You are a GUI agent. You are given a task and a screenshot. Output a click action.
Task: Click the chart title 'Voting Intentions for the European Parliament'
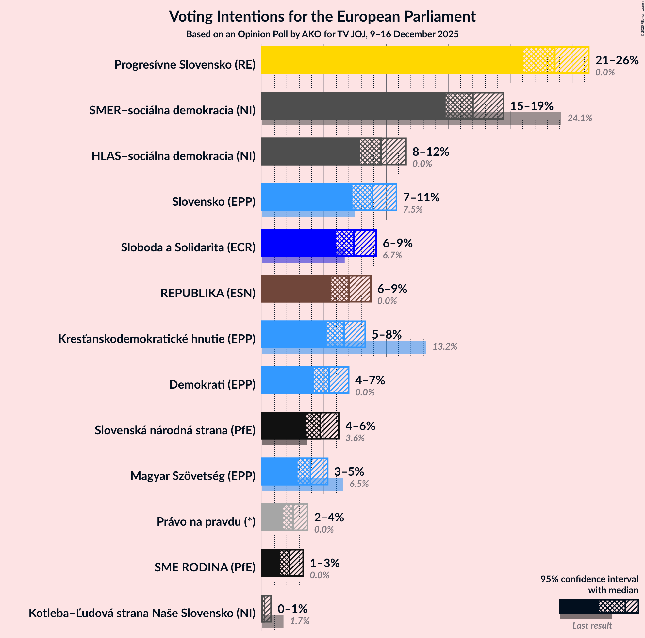coord(322,17)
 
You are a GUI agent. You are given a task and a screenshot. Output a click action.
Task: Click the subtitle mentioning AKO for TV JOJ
coord(322,34)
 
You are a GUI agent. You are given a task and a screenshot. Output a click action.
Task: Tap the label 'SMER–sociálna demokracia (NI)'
coord(172,110)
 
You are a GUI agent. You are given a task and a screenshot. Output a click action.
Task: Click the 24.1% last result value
coord(580,118)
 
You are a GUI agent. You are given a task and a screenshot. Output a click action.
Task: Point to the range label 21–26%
coord(617,60)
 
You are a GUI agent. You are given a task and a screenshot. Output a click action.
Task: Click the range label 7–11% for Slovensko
coord(421,197)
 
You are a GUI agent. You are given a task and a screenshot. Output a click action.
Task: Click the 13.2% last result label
coord(445,347)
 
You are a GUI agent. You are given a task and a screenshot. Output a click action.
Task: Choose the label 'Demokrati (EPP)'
coord(212,384)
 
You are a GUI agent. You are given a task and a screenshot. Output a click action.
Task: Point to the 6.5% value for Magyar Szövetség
coord(359,484)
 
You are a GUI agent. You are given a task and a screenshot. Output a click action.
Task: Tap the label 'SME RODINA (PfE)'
coord(205,567)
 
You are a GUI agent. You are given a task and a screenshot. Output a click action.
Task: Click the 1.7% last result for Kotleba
coord(300,621)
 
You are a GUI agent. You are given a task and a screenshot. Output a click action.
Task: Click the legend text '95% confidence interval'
coord(589,579)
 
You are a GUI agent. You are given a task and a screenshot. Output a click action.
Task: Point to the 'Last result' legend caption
coord(592,625)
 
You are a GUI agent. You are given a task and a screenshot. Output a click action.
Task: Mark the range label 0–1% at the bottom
coord(292,609)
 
